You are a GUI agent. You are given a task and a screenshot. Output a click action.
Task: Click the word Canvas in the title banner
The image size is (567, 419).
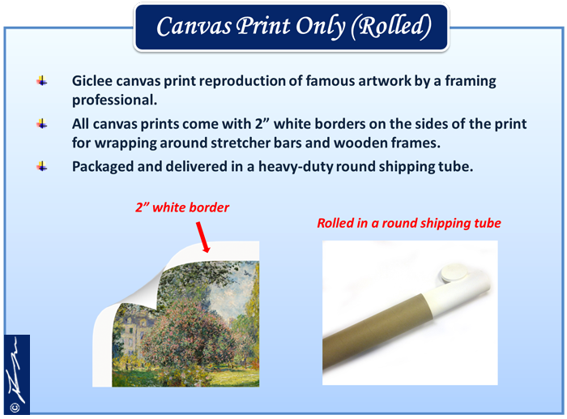(194, 27)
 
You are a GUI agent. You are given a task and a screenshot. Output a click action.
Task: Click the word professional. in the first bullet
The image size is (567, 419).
(115, 100)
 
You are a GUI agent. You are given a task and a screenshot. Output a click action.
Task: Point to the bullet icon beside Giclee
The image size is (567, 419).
(42, 81)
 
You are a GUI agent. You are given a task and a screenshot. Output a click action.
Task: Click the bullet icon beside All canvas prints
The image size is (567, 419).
(42, 124)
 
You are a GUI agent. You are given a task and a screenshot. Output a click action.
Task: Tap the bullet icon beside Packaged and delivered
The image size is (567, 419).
(42, 166)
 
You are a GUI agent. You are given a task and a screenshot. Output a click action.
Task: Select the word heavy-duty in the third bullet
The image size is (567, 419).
(296, 167)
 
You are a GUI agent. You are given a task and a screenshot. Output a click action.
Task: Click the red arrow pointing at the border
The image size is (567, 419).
(202, 237)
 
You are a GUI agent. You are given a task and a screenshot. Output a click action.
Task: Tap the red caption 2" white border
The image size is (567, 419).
(182, 207)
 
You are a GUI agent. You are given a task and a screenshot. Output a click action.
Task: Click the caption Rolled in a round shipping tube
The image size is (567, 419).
(409, 223)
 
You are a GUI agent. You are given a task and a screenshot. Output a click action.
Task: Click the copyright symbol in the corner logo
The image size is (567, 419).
(15, 408)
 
